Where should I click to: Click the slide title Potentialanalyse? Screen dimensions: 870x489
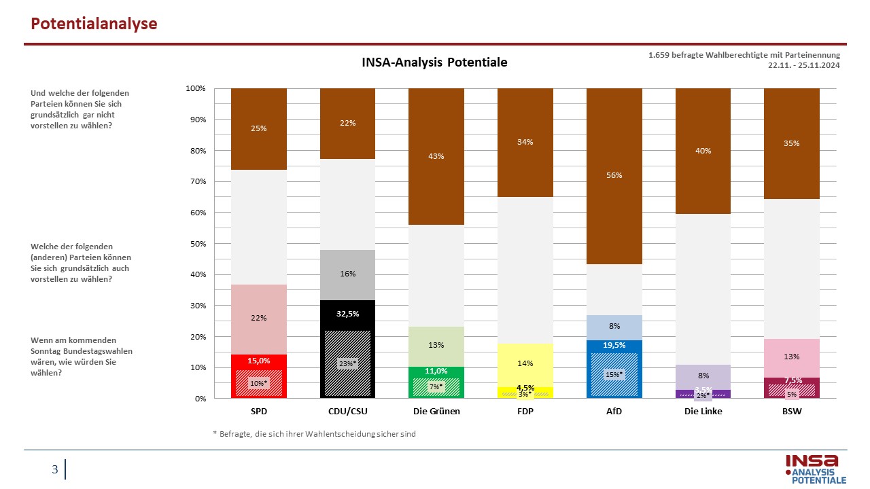pyautogui.click(x=94, y=24)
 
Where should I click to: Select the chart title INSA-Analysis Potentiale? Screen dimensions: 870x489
pyautogui.click(x=434, y=62)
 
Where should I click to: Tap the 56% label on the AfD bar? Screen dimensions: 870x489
pyautogui.click(x=614, y=175)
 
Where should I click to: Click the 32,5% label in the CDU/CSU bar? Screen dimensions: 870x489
pyautogui.click(x=347, y=314)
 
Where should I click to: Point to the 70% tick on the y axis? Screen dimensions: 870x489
pyautogui.click(x=198, y=181)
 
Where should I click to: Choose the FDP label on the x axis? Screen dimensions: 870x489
pyautogui.click(x=525, y=412)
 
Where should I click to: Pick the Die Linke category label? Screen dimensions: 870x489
pyautogui.click(x=703, y=412)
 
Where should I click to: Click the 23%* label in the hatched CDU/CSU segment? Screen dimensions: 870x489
pyautogui.click(x=347, y=363)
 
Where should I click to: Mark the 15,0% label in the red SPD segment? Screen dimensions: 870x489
pyautogui.click(x=259, y=361)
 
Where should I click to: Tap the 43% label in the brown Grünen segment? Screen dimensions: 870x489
pyautogui.click(x=436, y=156)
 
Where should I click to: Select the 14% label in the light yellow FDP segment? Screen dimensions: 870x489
pyautogui.click(x=525, y=363)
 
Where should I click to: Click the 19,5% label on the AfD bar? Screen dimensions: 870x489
pyautogui.click(x=614, y=346)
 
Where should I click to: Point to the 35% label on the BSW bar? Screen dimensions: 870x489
pyautogui.click(x=792, y=143)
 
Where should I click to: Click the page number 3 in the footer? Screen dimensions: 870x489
pyautogui.click(x=55, y=469)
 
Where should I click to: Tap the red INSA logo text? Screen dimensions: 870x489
pyautogui.click(x=812, y=461)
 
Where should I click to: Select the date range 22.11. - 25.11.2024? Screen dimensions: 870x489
pyautogui.click(x=803, y=65)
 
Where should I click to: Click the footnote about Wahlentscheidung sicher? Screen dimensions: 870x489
pyautogui.click(x=314, y=434)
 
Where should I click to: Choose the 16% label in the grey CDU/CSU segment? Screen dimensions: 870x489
pyautogui.click(x=347, y=274)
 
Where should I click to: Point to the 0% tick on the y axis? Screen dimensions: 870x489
pyautogui.click(x=201, y=399)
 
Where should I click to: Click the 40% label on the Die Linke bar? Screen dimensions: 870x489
pyautogui.click(x=703, y=151)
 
